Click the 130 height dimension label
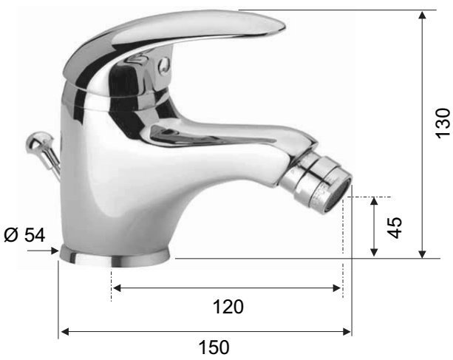point(443,123)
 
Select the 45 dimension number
point(395,228)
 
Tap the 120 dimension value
point(228,307)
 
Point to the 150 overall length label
point(214,347)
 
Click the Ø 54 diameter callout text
point(24,234)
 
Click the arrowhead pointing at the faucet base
point(55,251)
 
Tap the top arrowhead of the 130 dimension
point(423,15)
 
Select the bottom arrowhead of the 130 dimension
point(423,254)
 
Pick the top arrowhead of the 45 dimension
point(374,201)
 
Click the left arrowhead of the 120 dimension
point(117,288)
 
